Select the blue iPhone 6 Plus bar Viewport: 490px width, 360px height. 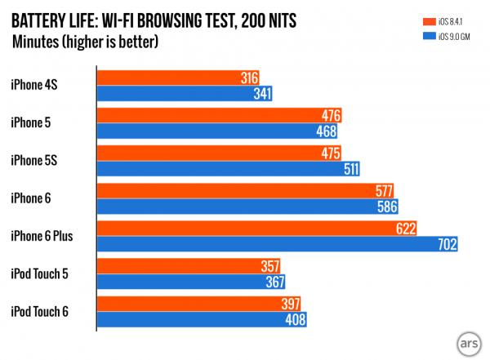(278, 243)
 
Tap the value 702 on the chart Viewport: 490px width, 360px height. (445, 243)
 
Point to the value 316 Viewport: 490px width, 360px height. (248, 78)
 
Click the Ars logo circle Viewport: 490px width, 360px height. (467, 340)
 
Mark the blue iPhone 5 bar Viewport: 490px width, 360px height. (217, 130)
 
